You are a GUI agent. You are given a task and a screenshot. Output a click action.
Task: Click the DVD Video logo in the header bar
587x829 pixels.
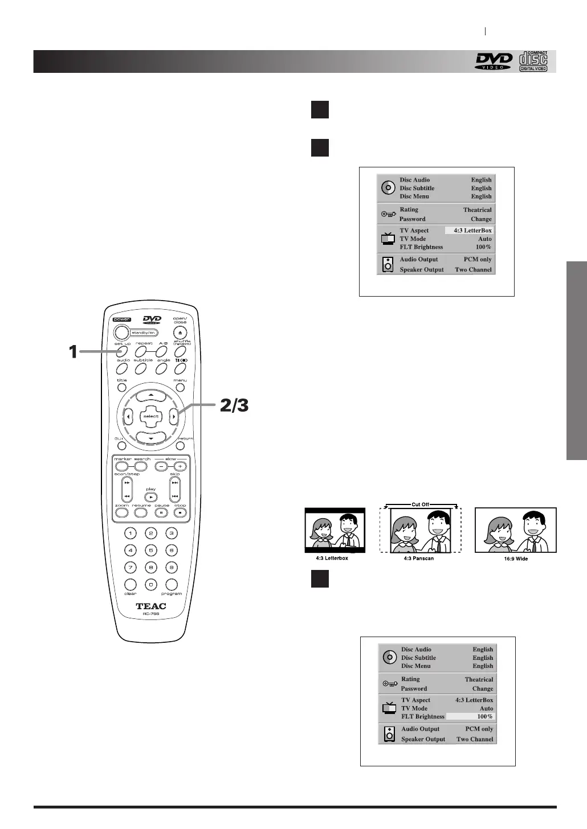coord(494,61)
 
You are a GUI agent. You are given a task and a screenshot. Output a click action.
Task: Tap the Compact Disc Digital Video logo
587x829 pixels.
coord(533,61)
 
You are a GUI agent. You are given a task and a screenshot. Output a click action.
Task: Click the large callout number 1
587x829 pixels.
coord(73,352)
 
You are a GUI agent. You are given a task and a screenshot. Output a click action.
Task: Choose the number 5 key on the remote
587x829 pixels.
coord(150,551)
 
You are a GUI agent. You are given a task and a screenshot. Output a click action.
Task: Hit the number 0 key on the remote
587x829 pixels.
coord(150,585)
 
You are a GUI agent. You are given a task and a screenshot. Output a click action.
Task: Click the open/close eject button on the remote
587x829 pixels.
coord(180,333)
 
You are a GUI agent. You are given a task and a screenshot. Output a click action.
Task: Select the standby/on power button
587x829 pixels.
coord(121,333)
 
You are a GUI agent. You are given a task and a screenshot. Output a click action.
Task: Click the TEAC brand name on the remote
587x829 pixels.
coord(151,606)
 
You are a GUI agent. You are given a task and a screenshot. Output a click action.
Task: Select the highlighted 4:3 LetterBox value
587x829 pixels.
coord(469,231)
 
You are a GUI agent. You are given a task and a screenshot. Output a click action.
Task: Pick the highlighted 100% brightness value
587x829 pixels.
coord(470,716)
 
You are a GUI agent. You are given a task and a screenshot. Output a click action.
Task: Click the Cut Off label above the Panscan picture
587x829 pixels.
coord(421,504)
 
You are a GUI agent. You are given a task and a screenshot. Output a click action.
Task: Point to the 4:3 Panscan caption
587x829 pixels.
coord(415,559)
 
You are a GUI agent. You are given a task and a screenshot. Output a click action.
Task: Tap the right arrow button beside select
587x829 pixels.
coord(174,416)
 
